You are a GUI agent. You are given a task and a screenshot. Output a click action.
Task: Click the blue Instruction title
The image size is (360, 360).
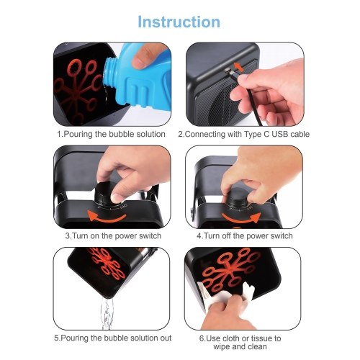pos(179,22)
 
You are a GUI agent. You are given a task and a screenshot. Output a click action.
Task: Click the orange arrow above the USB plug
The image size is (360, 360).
pos(239,66)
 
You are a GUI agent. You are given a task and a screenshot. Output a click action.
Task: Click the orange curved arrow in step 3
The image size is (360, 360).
pos(107,216)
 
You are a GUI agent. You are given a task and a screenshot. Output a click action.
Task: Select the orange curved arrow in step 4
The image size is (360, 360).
pos(241,217)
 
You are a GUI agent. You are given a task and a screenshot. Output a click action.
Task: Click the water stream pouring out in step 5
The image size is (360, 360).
pos(107,313)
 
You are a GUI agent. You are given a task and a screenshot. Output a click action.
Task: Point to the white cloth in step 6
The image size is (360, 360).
pos(225,295)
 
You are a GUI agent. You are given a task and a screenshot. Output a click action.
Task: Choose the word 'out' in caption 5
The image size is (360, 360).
pos(166,338)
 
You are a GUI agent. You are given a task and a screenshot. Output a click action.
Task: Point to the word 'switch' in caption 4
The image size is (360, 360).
pos(282,236)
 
